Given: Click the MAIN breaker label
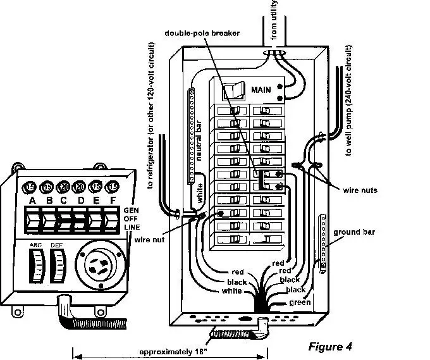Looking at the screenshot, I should [261, 90].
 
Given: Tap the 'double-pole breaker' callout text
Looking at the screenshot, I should [202, 33].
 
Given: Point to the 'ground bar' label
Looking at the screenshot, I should [354, 232].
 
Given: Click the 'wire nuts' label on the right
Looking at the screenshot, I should [360, 189].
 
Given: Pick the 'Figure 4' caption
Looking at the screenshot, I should [329, 346].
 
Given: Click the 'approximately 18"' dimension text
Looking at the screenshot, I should [169, 352].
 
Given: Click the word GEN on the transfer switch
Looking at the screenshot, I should [131, 210].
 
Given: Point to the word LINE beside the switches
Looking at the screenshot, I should [132, 227].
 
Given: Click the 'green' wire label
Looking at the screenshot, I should [300, 302].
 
